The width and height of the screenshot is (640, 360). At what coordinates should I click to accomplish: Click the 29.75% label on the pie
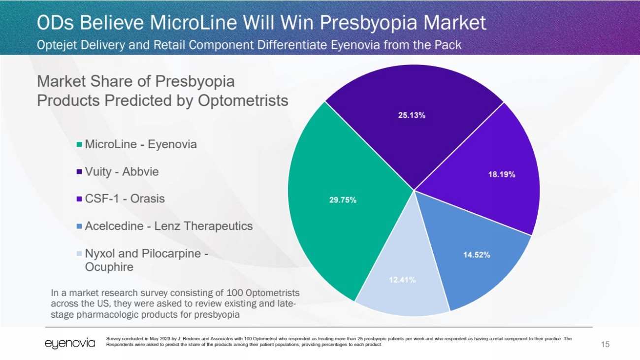click(343, 200)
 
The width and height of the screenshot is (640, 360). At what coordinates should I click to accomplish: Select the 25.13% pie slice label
click(412, 115)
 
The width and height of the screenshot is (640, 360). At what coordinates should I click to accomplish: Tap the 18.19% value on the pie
click(502, 175)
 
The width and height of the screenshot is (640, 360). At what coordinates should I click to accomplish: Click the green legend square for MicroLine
click(79, 145)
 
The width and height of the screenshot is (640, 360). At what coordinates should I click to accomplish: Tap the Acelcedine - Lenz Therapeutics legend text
click(168, 226)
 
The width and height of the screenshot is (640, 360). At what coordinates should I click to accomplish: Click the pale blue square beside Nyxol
click(79, 254)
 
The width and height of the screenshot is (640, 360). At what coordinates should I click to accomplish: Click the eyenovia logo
click(70, 343)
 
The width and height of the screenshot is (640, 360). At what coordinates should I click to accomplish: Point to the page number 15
click(605, 344)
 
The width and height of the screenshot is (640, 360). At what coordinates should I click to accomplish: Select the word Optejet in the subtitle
click(58, 45)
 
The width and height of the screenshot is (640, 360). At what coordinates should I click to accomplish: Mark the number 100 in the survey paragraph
click(207, 293)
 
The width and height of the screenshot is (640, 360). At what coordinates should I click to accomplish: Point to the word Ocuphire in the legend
click(109, 267)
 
